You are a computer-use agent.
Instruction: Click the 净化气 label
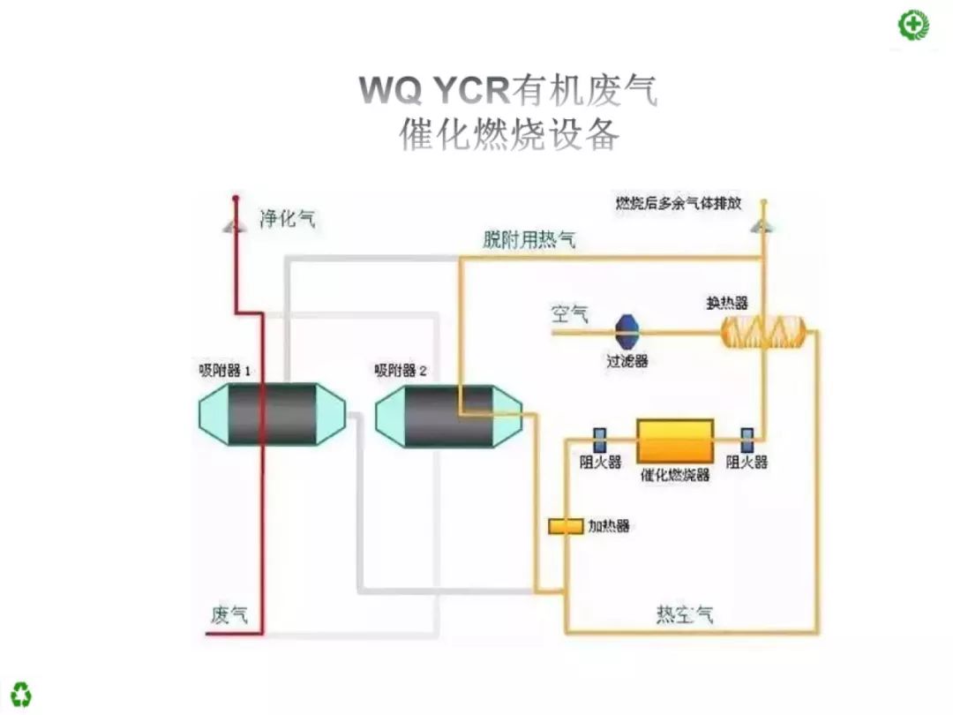288,218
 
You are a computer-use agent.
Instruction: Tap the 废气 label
229,614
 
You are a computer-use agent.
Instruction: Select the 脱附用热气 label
529,238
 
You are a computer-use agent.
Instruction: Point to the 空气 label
569,313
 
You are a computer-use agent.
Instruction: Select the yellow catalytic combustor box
675,439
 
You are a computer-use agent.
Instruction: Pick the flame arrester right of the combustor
747,439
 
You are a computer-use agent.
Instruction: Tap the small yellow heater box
566,526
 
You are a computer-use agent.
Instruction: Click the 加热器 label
609,527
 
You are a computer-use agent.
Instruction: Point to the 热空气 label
684,614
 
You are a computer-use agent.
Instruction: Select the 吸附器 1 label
226,371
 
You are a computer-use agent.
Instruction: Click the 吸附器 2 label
401,371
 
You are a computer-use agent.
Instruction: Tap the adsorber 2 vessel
448,416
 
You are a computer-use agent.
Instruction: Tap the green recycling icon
22,693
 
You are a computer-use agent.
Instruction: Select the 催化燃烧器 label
675,475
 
